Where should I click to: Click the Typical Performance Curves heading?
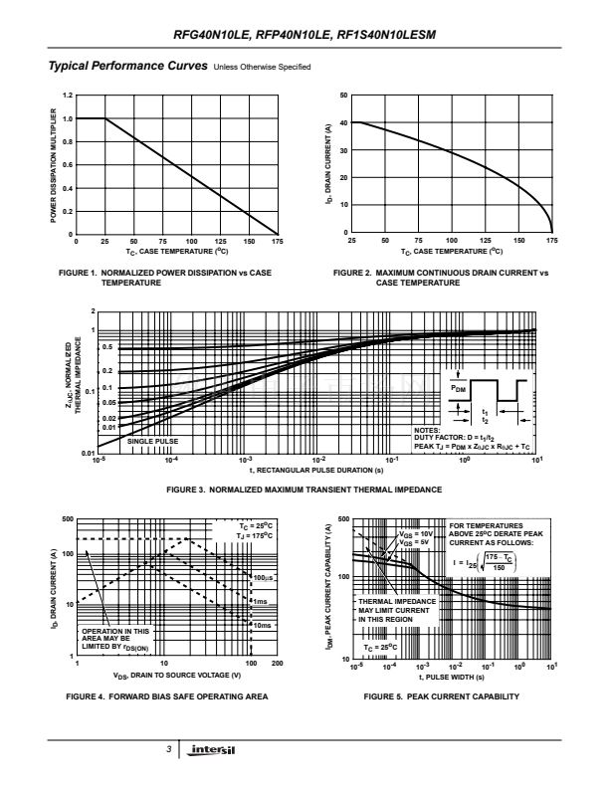click(122, 66)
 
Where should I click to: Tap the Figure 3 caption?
click(304, 490)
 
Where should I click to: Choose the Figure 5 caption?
click(442, 695)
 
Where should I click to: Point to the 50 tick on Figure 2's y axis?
click(343, 96)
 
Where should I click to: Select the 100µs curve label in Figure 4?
click(264, 577)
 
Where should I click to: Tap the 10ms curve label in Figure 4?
click(262, 625)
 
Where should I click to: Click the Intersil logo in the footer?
click(213, 748)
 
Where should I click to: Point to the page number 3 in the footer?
click(170, 748)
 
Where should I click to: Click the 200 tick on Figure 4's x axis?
click(276, 663)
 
